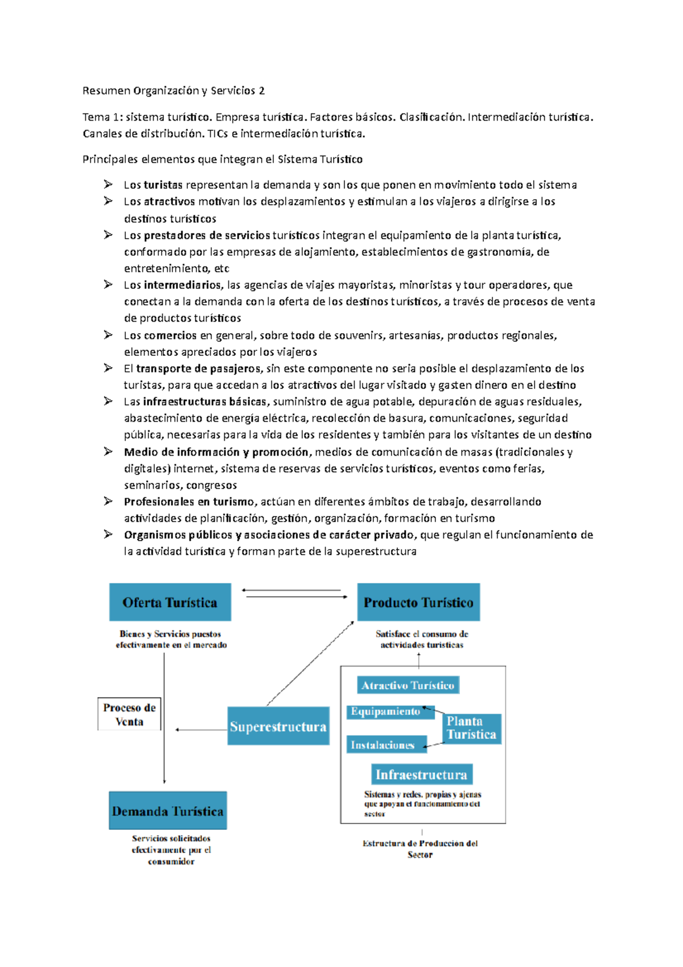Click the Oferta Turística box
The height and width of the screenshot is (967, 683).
click(170, 602)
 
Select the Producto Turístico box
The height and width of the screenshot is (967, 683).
click(418, 602)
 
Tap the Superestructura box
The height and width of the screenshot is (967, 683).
click(278, 726)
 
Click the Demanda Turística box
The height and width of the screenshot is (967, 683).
click(168, 810)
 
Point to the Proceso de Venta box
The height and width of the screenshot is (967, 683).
click(129, 714)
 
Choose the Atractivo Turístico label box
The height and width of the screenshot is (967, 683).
click(408, 685)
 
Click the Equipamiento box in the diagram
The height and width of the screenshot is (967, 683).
click(386, 711)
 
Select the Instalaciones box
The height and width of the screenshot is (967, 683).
click(382, 744)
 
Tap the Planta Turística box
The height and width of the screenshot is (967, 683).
click(471, 728)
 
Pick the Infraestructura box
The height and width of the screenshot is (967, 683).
click(421, 775)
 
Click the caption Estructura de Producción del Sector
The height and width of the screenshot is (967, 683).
click(420, 849)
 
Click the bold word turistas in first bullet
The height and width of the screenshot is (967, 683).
click(163, 185)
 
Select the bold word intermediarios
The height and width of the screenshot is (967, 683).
click(182, 285)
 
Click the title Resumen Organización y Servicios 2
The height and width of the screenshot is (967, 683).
click(174, 91)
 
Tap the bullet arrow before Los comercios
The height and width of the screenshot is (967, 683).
click(108, 335)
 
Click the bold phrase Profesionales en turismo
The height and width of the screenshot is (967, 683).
click(189, 502)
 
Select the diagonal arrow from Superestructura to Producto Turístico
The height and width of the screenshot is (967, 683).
click(310, 663)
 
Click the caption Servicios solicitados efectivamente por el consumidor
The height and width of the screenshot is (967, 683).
click(171, 850)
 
